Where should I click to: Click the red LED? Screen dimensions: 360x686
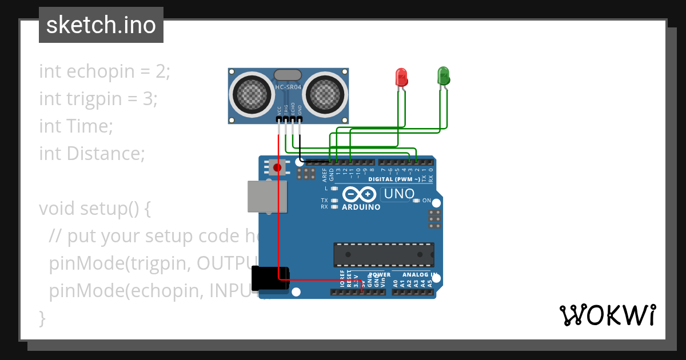pyautogui.click(x=401, y=77)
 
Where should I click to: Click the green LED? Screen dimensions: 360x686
pyautogui.click(x=443, y=75)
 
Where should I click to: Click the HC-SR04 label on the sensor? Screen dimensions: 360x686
pyautogui.click(x=288, y=87)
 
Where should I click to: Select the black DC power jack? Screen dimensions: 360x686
pyautogui.click(x=270, y=282)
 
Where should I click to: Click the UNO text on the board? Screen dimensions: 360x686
pyautogui.click(x=398, y=194)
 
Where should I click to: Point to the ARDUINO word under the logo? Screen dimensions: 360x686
pyautogui.click(x=361, y=207)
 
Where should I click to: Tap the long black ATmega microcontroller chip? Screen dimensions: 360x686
pyautogui.click(x=384, y=255)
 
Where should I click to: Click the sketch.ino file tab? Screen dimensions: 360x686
pyautogui.click(x=101, y=25)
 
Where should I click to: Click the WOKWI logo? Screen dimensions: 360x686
pyautogui.click(x=607, y=315)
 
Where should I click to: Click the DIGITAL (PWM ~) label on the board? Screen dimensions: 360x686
pyautogui.click(x=394, y=179)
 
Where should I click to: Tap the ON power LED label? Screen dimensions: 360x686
pyautogui.click(x=426, y=201)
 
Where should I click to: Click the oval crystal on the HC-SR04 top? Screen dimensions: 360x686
pyautogui.click(x=288, y=74)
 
